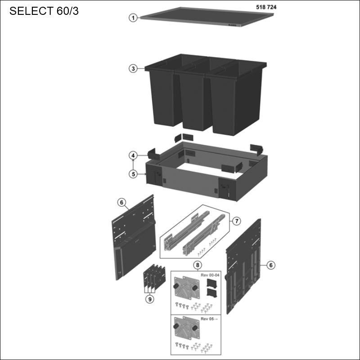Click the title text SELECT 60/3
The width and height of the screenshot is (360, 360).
tap(44, 11)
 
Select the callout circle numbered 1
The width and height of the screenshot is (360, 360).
tap(133, 18)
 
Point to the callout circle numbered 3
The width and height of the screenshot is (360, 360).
tap(133, 69)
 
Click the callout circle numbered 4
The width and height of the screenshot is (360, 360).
tap(133, 156)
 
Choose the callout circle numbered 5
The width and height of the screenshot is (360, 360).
tap(133, 174)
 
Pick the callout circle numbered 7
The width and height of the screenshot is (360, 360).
tap(237, 221)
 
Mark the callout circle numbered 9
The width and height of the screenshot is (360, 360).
tap(150, 299)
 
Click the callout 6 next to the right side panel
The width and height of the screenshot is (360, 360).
tap(270, 265)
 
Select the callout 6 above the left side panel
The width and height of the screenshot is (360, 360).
tap(121, 202)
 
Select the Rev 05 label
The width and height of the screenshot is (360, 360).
tap(209, 319)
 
